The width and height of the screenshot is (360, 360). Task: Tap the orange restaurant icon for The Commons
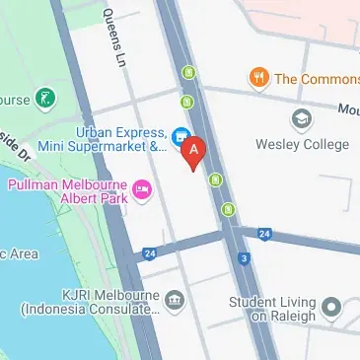(258, 77)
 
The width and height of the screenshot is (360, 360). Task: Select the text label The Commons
(316, 78)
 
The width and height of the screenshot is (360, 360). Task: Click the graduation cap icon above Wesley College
(302, 119)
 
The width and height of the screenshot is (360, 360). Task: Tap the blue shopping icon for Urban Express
(180, 135)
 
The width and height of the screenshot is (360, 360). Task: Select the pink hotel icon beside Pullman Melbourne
(142, 186)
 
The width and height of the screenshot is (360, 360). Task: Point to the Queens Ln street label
(108, 38)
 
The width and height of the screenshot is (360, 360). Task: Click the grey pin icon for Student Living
(331, 306)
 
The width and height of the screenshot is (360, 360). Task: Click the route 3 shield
(242, 259)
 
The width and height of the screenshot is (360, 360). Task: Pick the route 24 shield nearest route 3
(263, 234)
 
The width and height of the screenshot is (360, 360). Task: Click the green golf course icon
(44, 98)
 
